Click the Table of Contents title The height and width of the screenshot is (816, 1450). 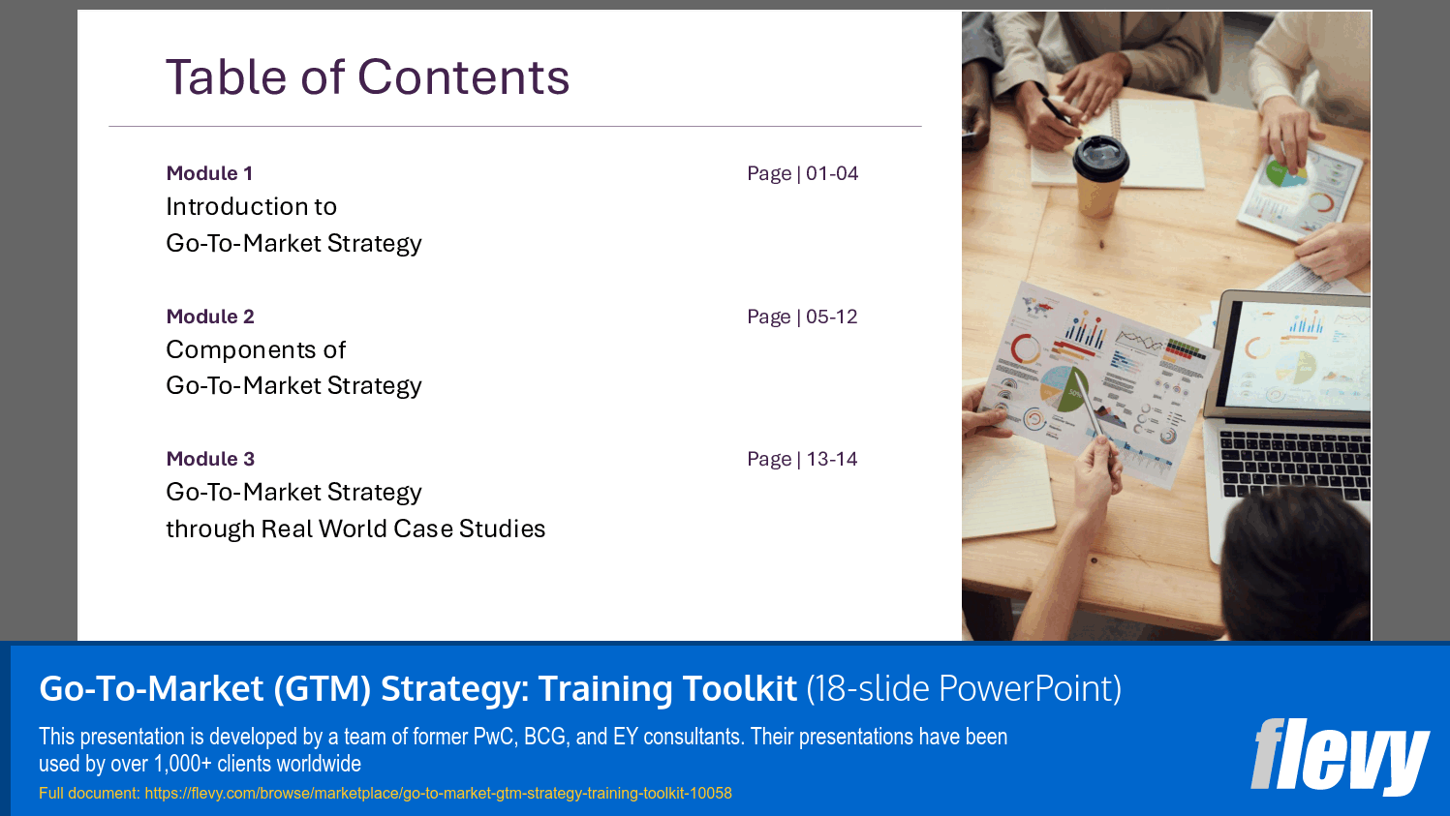pos(368,77)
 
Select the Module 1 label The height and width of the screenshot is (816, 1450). pos(209,173)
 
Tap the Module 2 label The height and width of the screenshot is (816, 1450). pos(210,317)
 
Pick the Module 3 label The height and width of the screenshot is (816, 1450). pos(210,459)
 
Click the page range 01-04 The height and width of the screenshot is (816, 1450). pos(832,173)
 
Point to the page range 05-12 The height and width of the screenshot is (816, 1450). pos(832,317)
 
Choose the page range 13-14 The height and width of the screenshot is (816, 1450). pos(832,459)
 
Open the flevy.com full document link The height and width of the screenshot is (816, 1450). pos(438,794)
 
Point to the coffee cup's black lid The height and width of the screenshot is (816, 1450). pos(1099,158)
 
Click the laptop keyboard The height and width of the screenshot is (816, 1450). pos(1295,464)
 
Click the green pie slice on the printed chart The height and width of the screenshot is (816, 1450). pos(1072,390)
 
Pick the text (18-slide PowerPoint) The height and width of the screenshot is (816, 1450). pos(964,688)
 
